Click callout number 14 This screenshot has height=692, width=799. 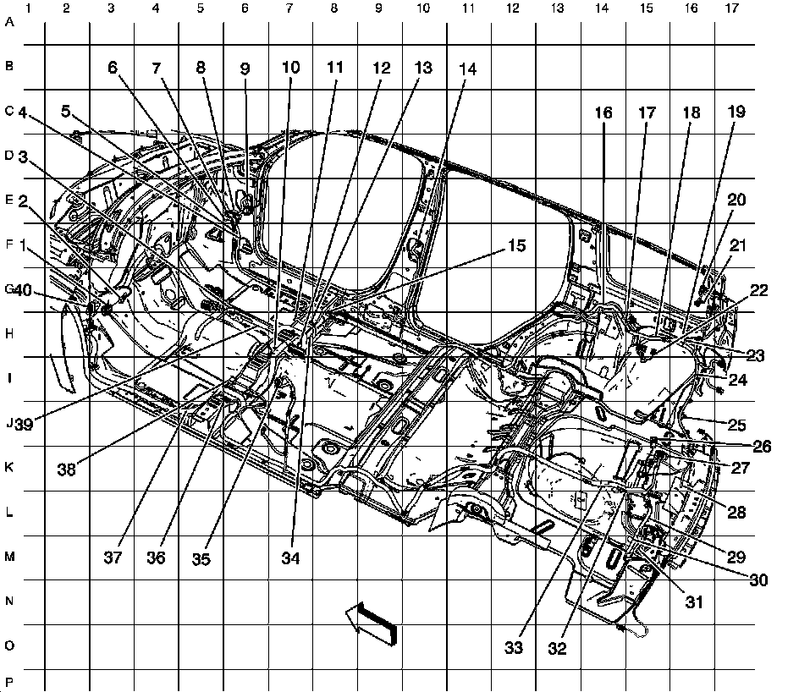click(x=467, y=71)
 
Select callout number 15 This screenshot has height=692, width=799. click(x=516, y=246)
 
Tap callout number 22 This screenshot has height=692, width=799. click(x=758, y=290)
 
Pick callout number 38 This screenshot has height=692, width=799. click(x=66, y=468)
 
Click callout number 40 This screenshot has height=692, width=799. click(x=22, y=290)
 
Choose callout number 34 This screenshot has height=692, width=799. click(x=291, y=558)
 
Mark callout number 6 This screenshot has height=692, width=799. click(x=113, y=70)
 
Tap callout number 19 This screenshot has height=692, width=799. click(x=736, y=112)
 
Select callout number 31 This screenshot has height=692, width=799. click(x=694, y=601)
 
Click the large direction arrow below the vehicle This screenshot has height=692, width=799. click(x=372, y=625)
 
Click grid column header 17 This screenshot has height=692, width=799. click(x=731, y=9)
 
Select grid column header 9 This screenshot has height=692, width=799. click(x=377, y=9)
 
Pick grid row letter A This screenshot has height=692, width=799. click(x=9, y=23)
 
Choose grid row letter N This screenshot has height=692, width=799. click(x=9, y=601)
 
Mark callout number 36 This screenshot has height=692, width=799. click(x=157, y=558)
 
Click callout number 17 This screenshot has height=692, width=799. click(x=647, y=112)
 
